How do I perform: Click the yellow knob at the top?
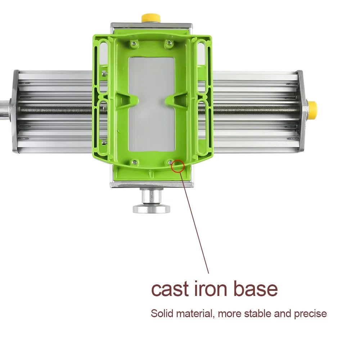tap(150, 18)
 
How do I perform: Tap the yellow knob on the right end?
tap(312, 110)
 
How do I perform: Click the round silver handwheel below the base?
tap(152, 209)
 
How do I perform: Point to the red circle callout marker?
tap(177, 166)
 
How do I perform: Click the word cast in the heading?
tap(170, 289)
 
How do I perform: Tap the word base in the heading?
tap(256, 289)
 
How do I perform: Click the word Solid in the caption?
tap(162, 314)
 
